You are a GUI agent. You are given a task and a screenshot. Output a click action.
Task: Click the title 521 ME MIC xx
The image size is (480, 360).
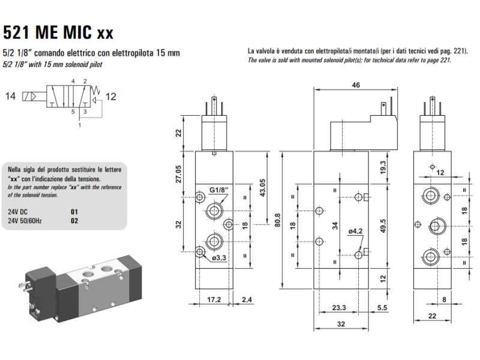(58, 31)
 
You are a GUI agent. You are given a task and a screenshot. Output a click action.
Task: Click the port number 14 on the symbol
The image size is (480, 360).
(10, 96)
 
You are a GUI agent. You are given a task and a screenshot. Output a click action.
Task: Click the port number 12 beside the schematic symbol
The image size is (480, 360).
(112, 96)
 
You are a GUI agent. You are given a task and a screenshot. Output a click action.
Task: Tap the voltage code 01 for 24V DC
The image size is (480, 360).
(74, 212)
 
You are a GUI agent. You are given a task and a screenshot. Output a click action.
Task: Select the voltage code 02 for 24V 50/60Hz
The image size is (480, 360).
(74, 220)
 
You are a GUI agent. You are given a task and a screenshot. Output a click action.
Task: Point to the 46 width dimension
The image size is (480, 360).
(356, 86)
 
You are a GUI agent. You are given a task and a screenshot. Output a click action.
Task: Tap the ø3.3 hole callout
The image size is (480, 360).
(219, 257)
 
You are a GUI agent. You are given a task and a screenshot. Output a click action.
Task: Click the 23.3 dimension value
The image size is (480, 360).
(340, 308)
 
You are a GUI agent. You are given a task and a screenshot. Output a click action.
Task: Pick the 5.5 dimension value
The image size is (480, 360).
(381, 308)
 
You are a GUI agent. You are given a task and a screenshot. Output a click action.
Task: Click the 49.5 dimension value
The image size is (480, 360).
(382, 226)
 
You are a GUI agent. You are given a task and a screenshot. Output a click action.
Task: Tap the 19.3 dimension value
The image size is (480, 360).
(382, 167)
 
